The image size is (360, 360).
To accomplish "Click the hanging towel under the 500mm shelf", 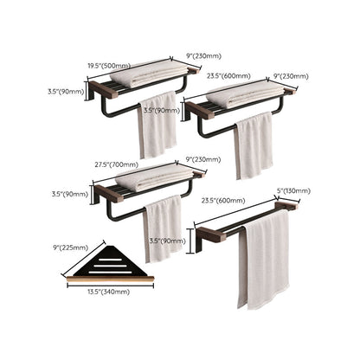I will [157, 125].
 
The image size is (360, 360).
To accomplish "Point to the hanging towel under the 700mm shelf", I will [164, 227].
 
